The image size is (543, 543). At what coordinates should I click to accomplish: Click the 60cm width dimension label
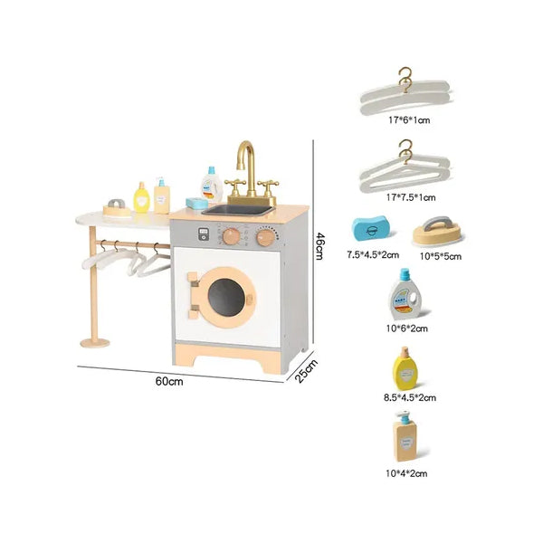(169, 381)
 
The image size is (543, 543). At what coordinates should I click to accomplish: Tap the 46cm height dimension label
(319, 246)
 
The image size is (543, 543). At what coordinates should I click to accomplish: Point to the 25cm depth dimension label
(306, 371)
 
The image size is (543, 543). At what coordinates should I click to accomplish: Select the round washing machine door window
(226, 297)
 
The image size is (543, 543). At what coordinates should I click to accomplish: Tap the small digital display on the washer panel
(204, 233)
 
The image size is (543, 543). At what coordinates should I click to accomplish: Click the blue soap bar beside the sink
(196, 203)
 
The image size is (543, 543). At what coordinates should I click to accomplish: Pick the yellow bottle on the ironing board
(141, 197)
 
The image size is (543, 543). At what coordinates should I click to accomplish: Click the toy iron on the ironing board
(117, 208)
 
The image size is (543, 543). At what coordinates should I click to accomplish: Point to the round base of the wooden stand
(95, 343)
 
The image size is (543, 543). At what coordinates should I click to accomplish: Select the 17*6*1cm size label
(409, 120)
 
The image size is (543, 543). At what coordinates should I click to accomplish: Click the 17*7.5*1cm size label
(411, 197)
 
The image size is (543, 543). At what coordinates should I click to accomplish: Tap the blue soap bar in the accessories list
(370, 228)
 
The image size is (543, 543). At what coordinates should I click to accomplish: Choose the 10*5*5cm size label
(441, 256)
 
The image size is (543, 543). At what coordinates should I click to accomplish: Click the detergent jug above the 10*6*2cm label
(405, 294)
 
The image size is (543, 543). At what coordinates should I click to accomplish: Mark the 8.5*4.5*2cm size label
(410, 397)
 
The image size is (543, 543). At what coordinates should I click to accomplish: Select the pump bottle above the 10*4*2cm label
(405, 436)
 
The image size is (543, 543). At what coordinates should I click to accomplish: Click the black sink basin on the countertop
(238, 210)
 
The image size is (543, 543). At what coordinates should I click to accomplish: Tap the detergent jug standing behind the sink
(212, 185)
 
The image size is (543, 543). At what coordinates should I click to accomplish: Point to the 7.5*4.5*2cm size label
(373, 255)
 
